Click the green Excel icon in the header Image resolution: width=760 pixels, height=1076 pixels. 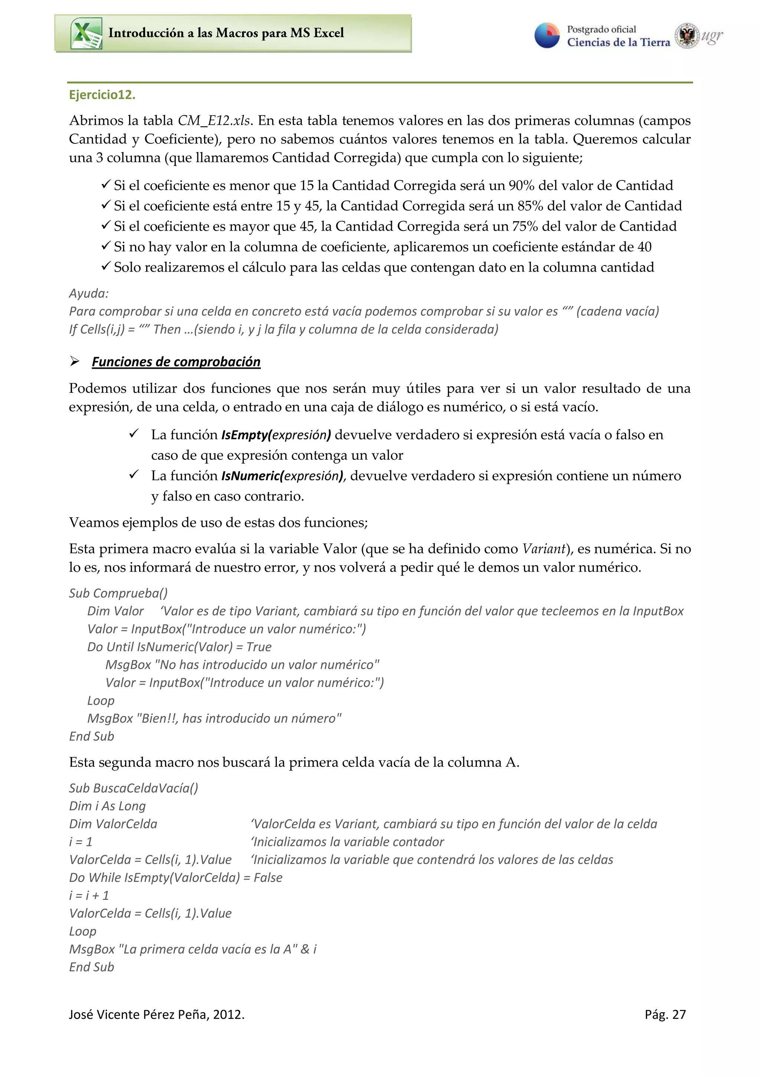pyautogui.click(x=86, y=33)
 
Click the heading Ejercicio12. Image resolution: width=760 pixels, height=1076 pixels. pyautogui.click(x=102, y=95)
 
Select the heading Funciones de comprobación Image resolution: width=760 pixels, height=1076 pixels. pyautogui.click(x=176, y=362)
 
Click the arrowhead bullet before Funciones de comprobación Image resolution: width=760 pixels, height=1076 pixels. pyautogui.click(x=75, y=361)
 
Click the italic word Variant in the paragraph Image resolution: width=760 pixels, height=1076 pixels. pyautogui.click(x=544, y=549)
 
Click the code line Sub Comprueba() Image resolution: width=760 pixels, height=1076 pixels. pyautogui.click(x=118, y=593)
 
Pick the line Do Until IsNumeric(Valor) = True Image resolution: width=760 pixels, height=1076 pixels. pyautogui.click(x=179, y=647)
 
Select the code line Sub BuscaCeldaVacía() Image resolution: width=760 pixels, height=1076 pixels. pyautogui.click(x=134, y=788)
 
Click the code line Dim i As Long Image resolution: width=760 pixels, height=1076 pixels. pyautogui.click(x=107, y=806)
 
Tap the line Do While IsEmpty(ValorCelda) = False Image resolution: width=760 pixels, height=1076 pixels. pyautogui.click(x=176, y=877)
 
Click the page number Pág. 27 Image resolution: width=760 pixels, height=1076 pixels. pyautogui.click(x=665, y=1015)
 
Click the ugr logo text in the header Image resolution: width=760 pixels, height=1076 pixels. pyautogui.click(x=711, y=36)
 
